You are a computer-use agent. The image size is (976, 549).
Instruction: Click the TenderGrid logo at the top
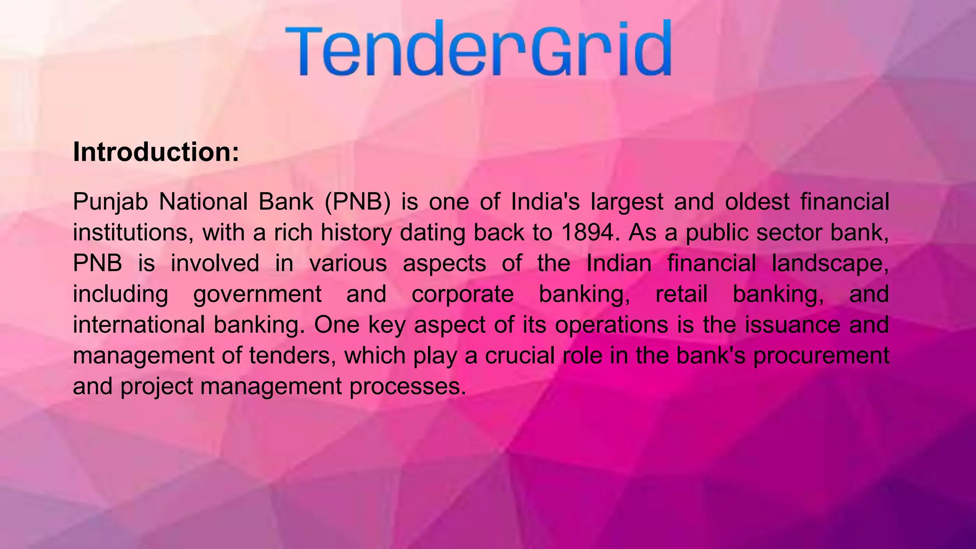coord(478,48)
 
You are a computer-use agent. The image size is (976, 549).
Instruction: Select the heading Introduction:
coord(156,152)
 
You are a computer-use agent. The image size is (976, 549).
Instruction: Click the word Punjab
coord(111,202)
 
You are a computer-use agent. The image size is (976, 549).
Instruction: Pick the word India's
coord(545,202)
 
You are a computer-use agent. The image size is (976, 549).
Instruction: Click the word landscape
coord(830,264)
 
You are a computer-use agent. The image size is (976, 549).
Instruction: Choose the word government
coord(257,294)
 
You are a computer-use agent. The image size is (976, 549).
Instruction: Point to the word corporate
coord(462,294)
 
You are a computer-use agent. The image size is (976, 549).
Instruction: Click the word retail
coord(681,294)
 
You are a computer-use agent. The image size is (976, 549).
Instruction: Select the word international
coord(139,325)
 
